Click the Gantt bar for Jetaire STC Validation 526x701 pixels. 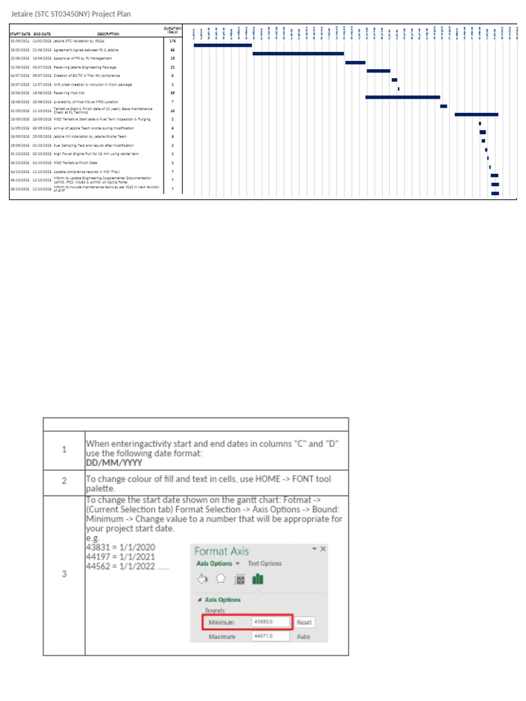coord(223,45)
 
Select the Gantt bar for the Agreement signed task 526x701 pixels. coord(298,53)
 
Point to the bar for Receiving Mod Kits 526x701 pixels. coord(402,97)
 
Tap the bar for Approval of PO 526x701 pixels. coord(355,62)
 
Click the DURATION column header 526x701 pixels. coord(173,30)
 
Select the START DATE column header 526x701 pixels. coord(20,34)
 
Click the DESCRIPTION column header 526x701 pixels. coord(108,34)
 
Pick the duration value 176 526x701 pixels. coord(173,41)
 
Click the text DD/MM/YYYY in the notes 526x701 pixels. coord(110,461)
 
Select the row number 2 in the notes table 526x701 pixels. coord(64,481)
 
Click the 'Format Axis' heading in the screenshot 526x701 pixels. coord(222,551)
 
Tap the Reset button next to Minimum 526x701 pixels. coord(305,622)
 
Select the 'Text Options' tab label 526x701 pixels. coord(264,563)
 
